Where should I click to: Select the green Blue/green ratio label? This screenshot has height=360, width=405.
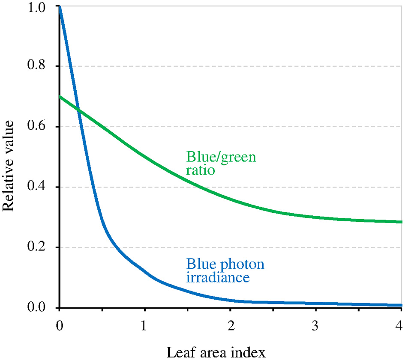(x=221, y=164)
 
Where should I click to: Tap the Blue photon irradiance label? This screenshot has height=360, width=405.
(x=225, y=271)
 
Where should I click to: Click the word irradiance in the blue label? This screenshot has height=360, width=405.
(x=218, y=277)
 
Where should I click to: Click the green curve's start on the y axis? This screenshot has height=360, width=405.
(x=60, y=97)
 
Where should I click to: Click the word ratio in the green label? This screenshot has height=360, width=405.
(x=200, y=170)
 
